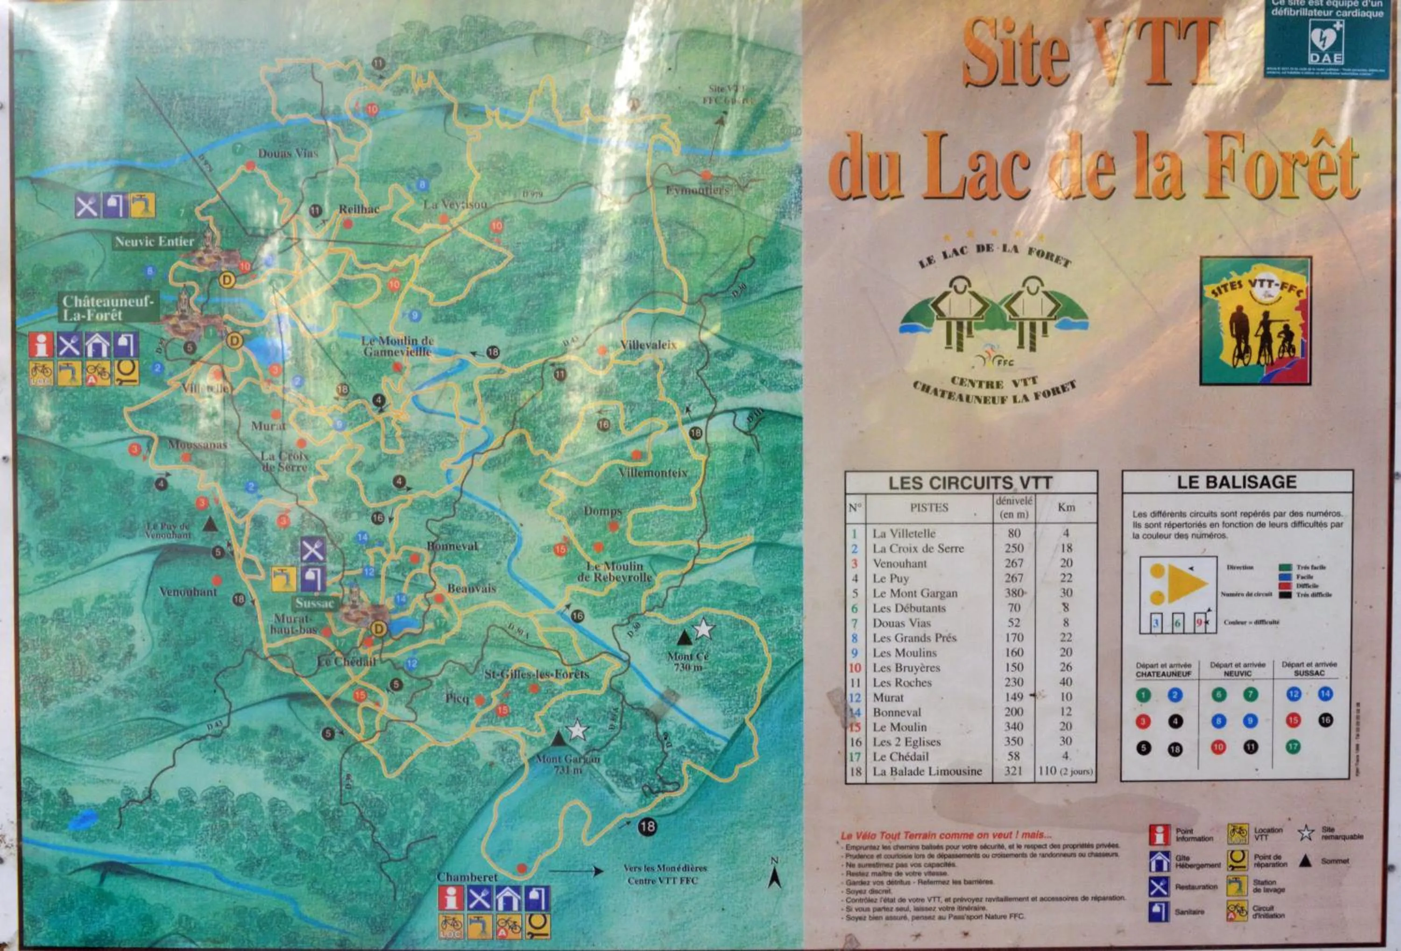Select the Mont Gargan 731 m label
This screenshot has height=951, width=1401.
tap(567, 765)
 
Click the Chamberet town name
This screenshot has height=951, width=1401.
tap(467, 877)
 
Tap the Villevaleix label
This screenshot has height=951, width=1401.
tap(649, 345)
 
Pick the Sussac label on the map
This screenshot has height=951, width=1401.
tap(314, 603)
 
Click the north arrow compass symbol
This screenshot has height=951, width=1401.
tap(775, 873)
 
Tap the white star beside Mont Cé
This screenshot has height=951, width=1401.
tap(703, 629)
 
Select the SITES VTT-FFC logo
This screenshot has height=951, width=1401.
tap(1256, 321)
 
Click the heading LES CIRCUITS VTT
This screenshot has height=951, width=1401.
tap(970, 483)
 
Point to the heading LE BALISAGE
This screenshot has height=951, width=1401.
tap(1237, 482)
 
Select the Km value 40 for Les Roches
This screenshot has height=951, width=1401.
tap(1065, 682)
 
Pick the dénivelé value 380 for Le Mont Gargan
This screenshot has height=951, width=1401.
tap(1014, 593)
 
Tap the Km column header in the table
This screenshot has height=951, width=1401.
tap(1066, 507)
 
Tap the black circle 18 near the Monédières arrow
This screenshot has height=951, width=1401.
tap(647, 826)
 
